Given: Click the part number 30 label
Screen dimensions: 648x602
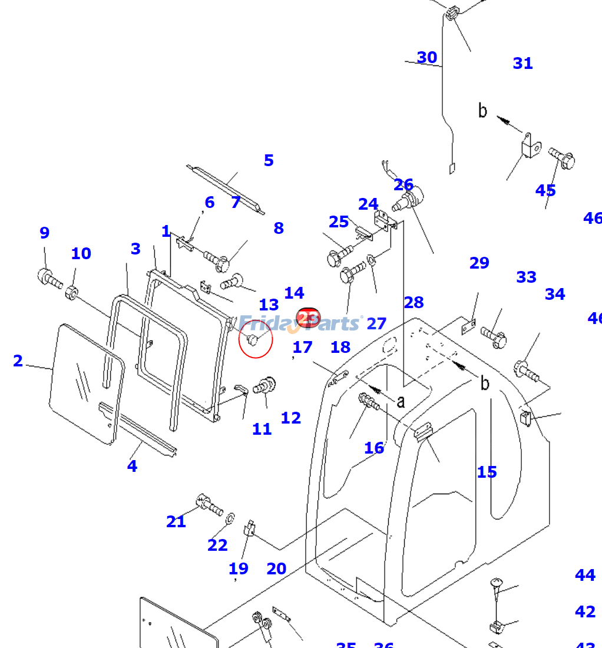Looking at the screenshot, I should [x=427, y=58].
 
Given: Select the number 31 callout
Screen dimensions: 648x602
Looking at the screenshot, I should [x=522, y=64].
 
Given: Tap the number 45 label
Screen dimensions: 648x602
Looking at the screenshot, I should [x=545, y=191].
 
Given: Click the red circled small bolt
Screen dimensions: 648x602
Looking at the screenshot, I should [x=253, y=340].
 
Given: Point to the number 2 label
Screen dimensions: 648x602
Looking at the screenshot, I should [x=18, y=361].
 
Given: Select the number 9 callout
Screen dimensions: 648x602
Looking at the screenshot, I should [x=45, y=233].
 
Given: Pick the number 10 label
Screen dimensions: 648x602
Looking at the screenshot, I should [x=81, y=254].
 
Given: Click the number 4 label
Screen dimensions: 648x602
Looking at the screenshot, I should [x=132, y=467].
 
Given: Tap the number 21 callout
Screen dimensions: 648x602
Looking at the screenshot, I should [x=176, y=522].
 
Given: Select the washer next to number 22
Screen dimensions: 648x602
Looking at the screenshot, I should [x=230, y=518].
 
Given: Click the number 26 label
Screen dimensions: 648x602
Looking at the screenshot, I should [x=403, y=185].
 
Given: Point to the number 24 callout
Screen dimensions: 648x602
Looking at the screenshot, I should [x=368, y=204].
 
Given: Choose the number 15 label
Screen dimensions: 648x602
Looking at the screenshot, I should [x=487, y=472].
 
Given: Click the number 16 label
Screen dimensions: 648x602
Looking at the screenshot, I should [x=374, y=448].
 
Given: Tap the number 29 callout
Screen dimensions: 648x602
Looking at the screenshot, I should [x=479, y=263].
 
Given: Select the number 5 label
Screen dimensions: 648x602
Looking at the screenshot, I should [x=269, y=161].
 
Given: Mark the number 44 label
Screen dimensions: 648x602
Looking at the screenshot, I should [x=585, y=576].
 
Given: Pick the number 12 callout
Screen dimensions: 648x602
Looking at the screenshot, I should [x=291, y=418].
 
